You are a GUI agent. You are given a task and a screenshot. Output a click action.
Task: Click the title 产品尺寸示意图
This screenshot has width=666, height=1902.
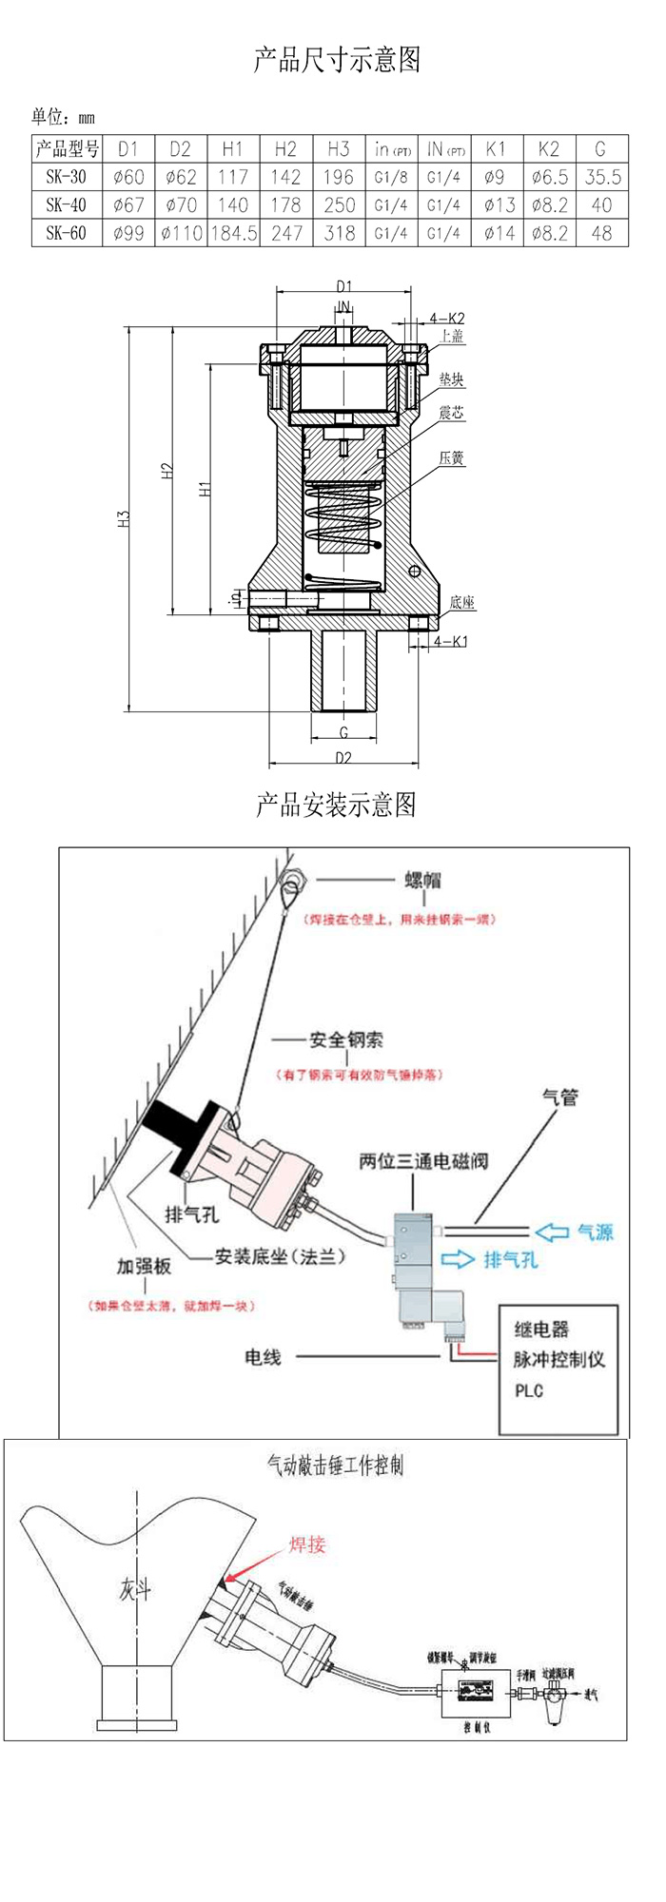tap(336, 60)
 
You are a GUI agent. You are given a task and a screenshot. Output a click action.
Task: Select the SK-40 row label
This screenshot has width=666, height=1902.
tap(66, 204)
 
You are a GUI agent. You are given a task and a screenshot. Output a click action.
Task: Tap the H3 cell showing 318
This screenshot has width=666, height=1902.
tap(339, 233)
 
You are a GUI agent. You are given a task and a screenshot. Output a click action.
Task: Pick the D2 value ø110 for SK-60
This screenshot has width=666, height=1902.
tap(181, 233)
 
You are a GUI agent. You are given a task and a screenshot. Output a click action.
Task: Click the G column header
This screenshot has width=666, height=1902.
tap(600, 149)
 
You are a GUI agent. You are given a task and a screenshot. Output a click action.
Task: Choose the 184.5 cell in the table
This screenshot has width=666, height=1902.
tap(233, 233)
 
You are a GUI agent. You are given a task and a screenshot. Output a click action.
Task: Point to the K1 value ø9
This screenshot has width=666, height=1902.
tap(496, 177)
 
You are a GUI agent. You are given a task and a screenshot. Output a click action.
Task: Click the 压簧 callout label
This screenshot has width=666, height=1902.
tap(451, 458)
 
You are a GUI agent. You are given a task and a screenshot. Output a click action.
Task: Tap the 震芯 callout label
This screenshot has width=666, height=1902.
tap(451, 413)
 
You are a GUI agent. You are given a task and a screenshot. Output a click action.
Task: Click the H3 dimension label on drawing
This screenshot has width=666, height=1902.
tap(124, 519)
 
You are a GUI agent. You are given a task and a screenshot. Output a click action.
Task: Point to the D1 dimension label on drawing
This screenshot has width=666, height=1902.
tap(343, 286)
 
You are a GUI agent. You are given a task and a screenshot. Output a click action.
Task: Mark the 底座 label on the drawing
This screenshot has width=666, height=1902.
tap(462, 602)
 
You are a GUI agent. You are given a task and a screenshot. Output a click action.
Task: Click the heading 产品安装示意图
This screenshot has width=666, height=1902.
tap(336, 805)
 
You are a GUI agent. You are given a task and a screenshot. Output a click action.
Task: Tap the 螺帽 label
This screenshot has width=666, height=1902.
tap(423, 881)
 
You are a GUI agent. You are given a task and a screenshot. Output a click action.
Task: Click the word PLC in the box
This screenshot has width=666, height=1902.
tap(529, 1390)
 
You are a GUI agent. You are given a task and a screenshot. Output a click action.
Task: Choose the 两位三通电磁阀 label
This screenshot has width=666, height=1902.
tap(423, 1161)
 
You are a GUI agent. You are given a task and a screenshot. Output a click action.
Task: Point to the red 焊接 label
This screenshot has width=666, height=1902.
tap(307, 1544)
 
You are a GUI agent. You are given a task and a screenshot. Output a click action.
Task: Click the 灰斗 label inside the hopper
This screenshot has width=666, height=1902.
tap(135, 1588)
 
